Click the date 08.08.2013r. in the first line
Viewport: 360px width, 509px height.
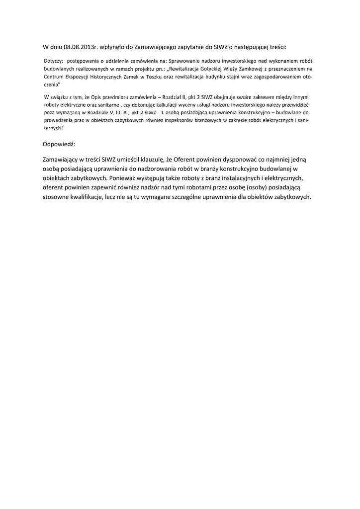click(82, 47)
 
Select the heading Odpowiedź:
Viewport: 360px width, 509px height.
click(59, 143)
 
